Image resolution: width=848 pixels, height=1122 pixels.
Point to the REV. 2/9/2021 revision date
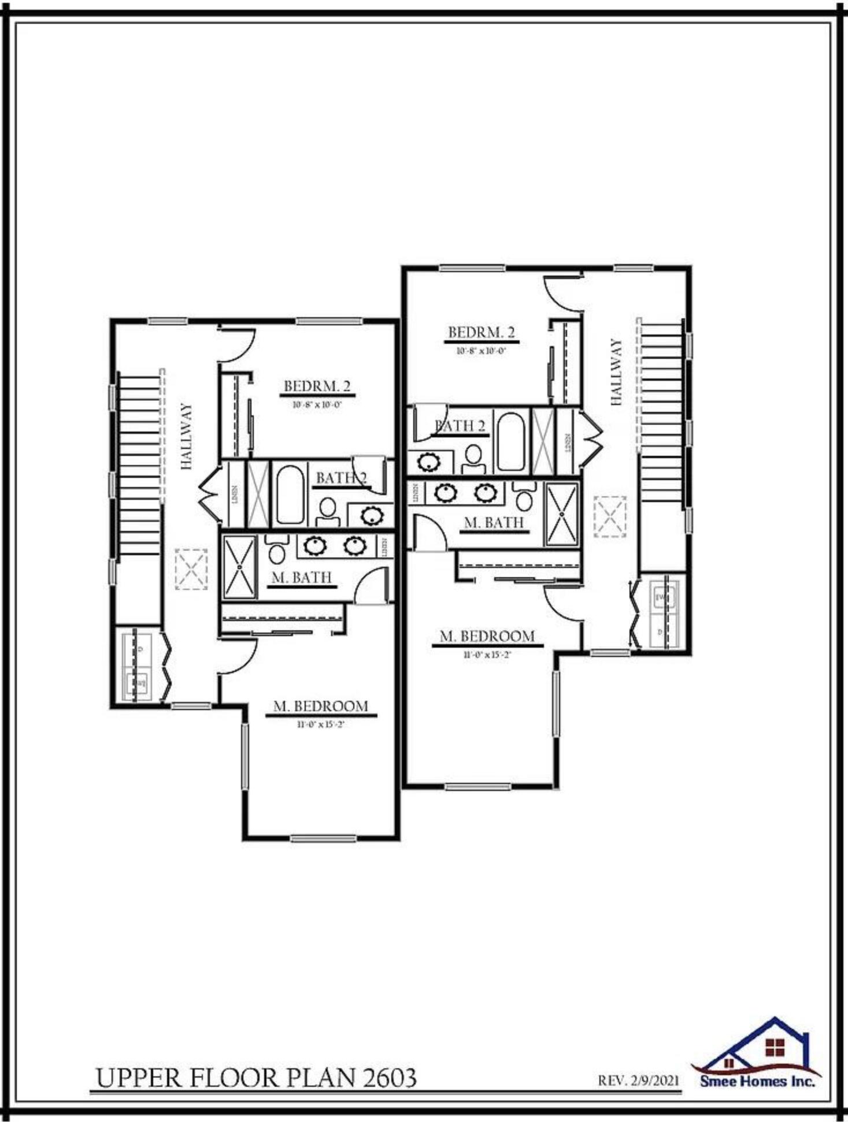coord(639,1080)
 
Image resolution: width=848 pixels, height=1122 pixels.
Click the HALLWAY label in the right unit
coord(616,372)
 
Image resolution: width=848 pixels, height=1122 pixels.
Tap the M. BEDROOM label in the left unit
coord(321,706)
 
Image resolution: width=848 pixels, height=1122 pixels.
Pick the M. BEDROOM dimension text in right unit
coord(487,655)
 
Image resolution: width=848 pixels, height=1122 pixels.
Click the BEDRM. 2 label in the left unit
coord(317,386)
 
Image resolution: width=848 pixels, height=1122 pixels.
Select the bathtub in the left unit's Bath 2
coord(290,495)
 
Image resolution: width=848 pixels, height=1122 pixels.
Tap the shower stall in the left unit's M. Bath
coord(240,567)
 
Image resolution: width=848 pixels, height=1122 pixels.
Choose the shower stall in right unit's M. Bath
coord(562,514)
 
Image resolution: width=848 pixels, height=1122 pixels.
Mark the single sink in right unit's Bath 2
coord(428,462)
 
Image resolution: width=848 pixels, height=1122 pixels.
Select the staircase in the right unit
coord(661,413)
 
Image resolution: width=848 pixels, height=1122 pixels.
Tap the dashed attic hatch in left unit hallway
coord(191,569)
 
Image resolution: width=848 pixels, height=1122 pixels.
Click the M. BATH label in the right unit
coord(494,522)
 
